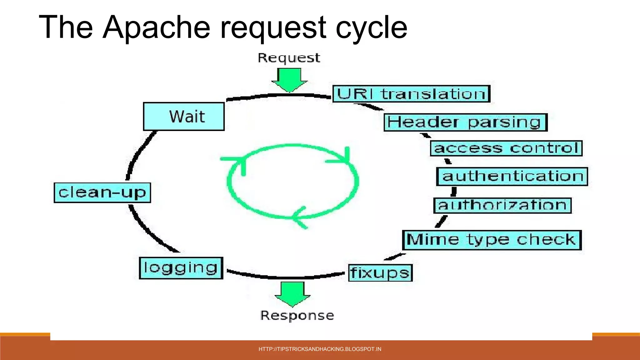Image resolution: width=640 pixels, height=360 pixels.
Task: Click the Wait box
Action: click(184, 116)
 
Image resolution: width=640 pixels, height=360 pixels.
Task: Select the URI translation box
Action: click(411, 94)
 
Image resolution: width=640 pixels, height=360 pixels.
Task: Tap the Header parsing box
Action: click(466, 122)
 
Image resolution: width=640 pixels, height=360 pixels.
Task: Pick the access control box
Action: click(506, 148)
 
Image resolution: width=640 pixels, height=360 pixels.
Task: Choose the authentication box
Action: click(512, 176)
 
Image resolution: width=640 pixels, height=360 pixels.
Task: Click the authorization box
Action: click(502, 205)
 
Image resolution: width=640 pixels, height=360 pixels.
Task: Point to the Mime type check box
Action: click(492, 240)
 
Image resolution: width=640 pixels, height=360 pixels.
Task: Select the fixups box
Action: click(380, 273)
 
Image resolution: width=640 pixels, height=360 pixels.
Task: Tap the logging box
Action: click(181, 268)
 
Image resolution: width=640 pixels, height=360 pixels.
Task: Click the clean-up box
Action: click(102, 192)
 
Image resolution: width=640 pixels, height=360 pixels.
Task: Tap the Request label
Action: click(289, 58)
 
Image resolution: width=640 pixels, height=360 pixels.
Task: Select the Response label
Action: click(297, 316)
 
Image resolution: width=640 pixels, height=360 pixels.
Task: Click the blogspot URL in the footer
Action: click(320, 349)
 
